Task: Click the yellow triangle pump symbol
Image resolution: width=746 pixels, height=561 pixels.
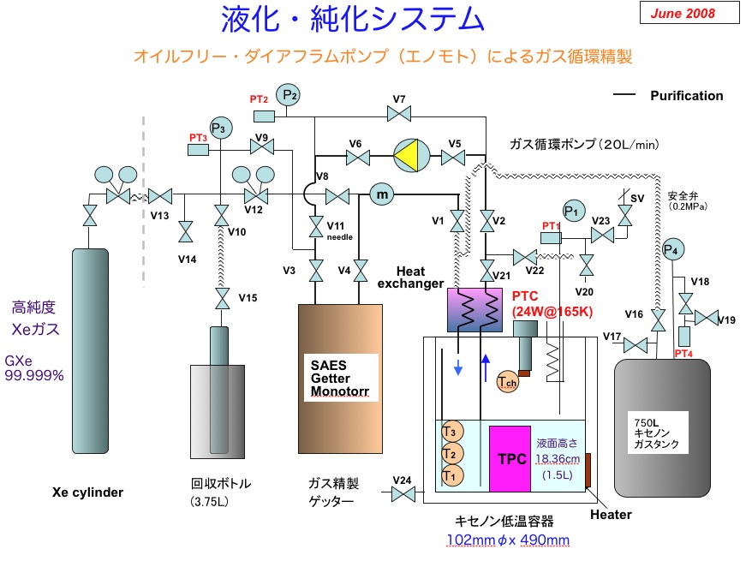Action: [x=414, y=157]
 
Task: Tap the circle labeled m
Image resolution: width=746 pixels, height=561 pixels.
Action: [x=382, y=195]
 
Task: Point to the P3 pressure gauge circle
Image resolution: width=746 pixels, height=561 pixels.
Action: [x=221, y=128]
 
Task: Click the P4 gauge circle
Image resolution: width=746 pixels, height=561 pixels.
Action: [x=675, y=249]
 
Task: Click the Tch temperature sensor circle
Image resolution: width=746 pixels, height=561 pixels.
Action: [x=507, y=384]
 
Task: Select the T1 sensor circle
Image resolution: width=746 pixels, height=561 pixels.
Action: [x=451, y=474]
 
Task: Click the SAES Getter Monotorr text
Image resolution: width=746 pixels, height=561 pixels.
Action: [x=331, y=378]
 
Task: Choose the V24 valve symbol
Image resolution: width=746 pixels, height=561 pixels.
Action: [x=403, y=494]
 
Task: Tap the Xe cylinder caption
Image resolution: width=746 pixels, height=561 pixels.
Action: [x=88, y=492]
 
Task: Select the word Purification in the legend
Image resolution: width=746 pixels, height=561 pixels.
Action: [x=686, y=96]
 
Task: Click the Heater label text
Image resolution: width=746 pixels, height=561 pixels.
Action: [x=611, y=514]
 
